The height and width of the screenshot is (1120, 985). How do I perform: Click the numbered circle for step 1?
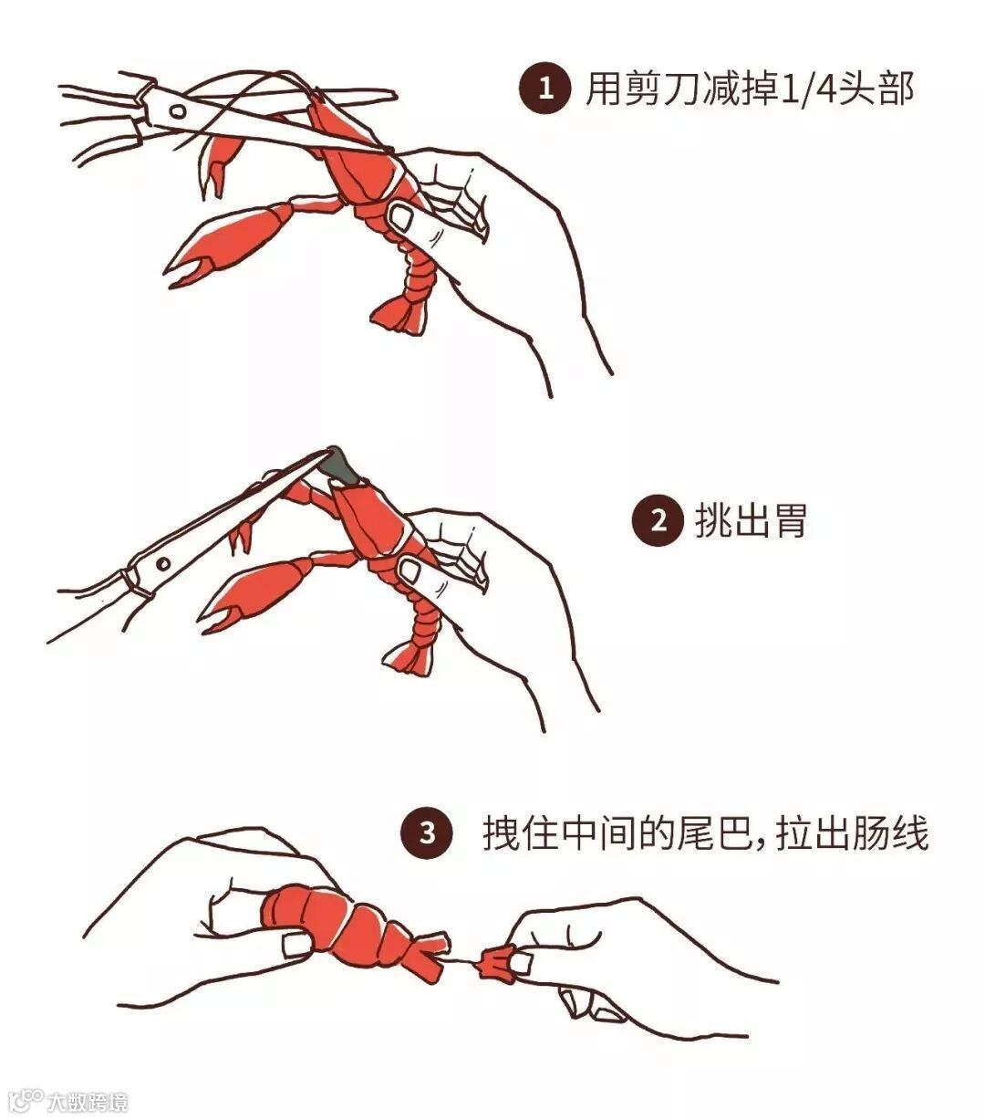point(545,89)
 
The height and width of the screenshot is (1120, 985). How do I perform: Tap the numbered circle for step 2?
point(658,521)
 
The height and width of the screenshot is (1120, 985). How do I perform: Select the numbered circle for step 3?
point(427,833)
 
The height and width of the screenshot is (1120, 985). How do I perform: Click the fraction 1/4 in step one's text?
point(806,89)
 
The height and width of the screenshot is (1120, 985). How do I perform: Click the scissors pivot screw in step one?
point(177,111)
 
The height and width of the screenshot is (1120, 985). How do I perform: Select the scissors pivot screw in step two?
point(163,564)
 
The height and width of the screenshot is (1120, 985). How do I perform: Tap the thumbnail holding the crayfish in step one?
point(399,216)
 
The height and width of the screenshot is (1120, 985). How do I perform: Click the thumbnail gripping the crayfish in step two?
point(410,570)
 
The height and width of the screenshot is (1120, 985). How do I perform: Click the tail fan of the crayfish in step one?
point(400,314)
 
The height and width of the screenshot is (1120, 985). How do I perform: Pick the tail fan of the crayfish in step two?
point(409,655)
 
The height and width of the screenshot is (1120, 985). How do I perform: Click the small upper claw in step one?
point(220,161)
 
